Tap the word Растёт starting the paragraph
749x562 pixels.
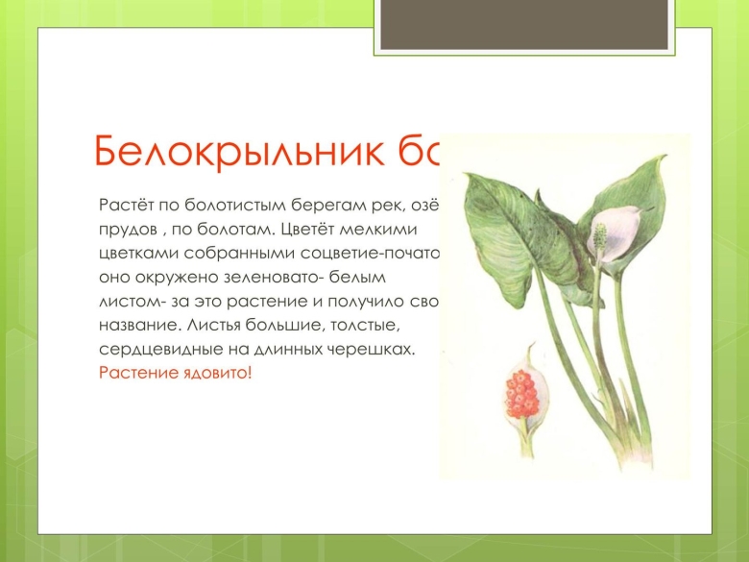(122, 206)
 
